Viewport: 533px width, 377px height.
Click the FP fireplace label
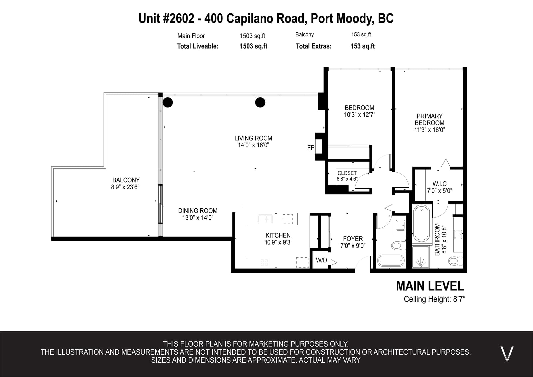[311, 148]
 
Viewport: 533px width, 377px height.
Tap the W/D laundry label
[321, 260]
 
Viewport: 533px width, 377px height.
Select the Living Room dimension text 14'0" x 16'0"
[253, 145]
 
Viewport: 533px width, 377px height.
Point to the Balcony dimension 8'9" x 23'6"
[125, 187]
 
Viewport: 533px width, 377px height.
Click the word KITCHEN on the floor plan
[278, 235]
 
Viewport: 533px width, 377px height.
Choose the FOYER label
[353, 239]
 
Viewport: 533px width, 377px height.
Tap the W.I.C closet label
[439, 184]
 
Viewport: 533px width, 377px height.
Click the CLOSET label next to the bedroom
[347, 173]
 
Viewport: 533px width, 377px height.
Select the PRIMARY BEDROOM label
[429, 120]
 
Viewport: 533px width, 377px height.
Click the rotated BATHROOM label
[437, 239]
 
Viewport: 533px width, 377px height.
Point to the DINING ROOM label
[198, 211]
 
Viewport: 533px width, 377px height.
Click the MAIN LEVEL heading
[430, 286]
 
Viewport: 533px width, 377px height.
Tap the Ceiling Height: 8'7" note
[434, 299]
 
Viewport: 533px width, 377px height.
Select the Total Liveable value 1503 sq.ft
[253, 46]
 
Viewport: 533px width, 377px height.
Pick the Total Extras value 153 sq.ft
[363, 46]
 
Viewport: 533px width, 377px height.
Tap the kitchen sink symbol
[265, 219]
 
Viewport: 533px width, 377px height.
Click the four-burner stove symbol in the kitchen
[265, 262]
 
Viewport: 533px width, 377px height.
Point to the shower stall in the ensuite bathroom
[421, 257]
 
